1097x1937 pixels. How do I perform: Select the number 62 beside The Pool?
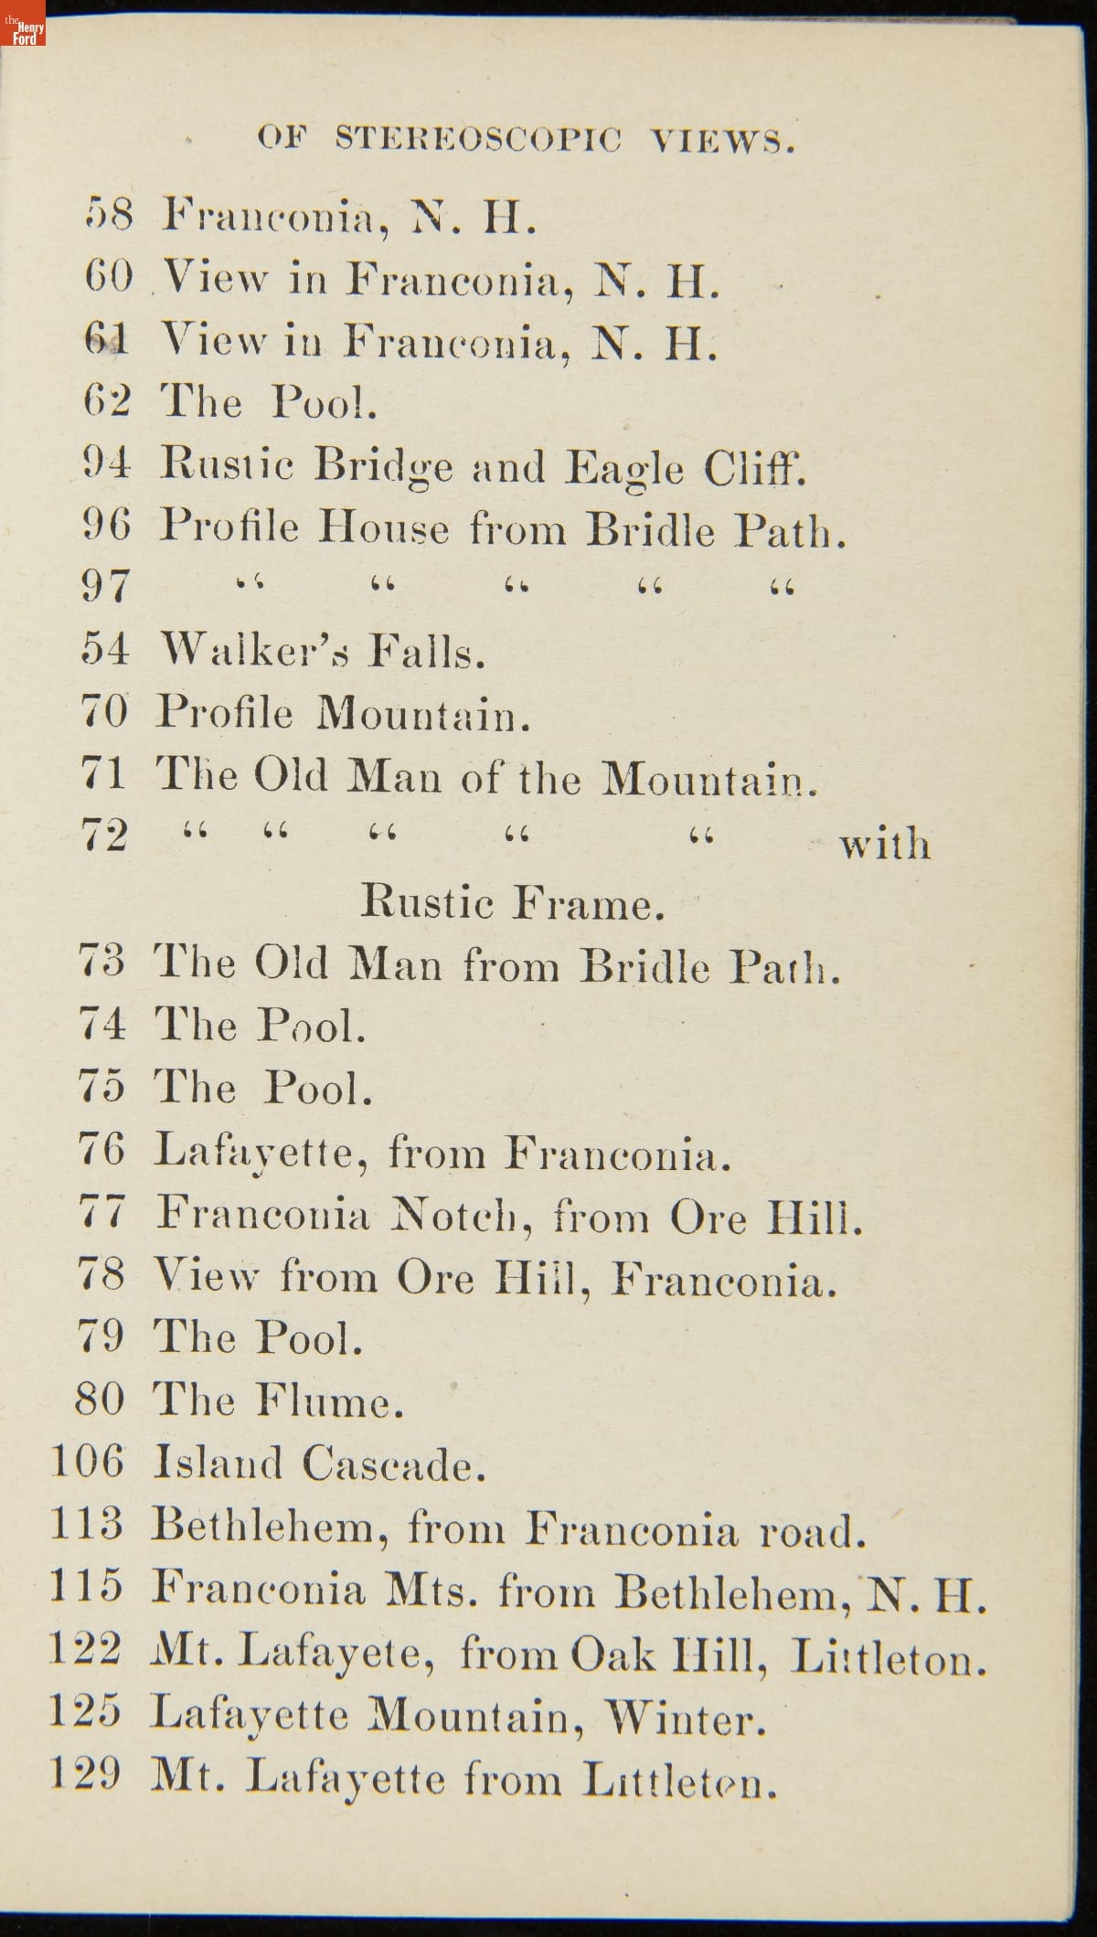point(107,401)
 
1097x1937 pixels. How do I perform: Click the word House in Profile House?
point(384,528)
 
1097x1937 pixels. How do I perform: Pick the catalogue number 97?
point(106,587)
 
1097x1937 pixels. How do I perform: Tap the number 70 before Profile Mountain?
point(104,712)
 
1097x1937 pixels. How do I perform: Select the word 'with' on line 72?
point(885,844)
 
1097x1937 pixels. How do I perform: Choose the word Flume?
point(329,1401)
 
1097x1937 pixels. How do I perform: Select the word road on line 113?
point(812,1529)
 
